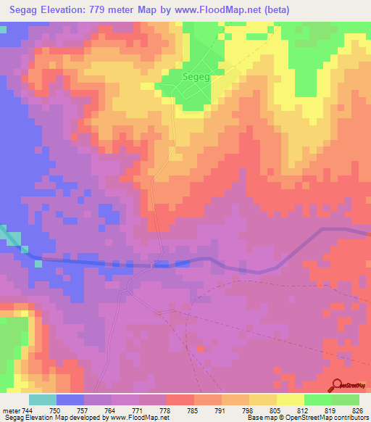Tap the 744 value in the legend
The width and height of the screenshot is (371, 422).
(27, 411)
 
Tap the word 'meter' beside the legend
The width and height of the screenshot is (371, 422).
(10, 411)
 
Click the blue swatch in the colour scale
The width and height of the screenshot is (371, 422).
(70, 400)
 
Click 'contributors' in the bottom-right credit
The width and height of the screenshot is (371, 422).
(349, 418)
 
